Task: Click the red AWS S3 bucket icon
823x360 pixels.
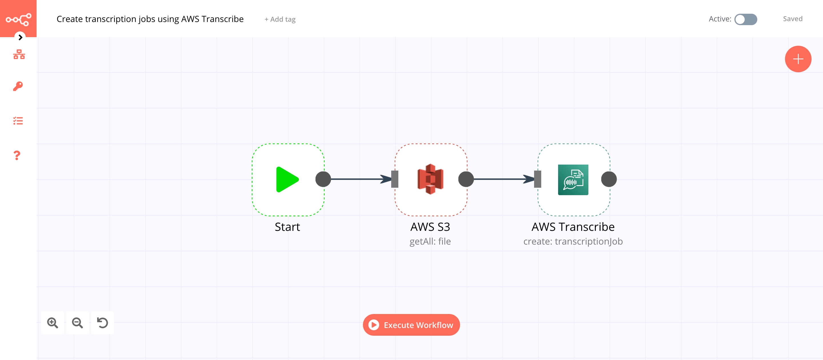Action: click(430, 179)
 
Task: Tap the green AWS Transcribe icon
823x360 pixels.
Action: click(573, 179)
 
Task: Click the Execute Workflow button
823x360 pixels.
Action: click(411, 325)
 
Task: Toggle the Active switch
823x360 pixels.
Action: click(745, 19)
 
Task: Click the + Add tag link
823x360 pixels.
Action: click(280, 19)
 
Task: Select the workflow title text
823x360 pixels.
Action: click(150, 19)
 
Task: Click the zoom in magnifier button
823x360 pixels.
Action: click(52, 323)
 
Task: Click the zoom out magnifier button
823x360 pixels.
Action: click(77, 323)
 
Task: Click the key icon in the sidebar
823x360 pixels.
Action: click(18, 86)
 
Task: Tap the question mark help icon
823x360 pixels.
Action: click(17, 155)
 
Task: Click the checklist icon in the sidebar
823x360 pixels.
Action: click(18, 121)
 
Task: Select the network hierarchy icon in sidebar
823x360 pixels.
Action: click(19, 55)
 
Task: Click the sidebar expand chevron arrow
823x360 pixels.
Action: click(20, 37)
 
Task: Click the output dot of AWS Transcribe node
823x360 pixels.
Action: click(609, 179)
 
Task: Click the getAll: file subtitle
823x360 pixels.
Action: click(430, 241)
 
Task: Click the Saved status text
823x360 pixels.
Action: click(792, 19)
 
